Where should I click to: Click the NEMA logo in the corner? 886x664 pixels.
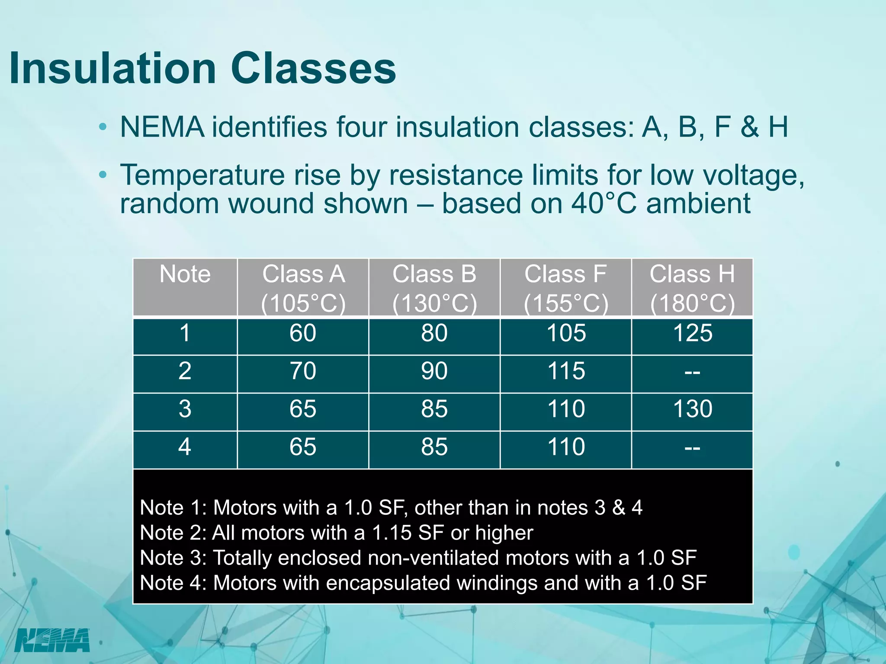(52, 640)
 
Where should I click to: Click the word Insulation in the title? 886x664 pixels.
(112, 68)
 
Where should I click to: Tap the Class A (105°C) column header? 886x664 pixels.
(303, 288)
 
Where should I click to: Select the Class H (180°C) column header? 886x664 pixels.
(692, 288)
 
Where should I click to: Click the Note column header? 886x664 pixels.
(185, 275)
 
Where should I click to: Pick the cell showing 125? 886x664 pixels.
(693, 333)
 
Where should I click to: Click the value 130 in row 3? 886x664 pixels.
(693, 409)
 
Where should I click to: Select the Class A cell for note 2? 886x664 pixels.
(303, 371)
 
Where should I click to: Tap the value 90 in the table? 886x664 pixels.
(434, 371)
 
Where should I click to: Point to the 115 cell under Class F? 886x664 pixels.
(566, 371)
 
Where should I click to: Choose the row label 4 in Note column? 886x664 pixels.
(185, 447)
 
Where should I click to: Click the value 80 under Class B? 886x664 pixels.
(434, 333)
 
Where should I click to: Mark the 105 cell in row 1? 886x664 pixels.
(566, 333)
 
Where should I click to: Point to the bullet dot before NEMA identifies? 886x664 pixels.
(103, 128)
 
